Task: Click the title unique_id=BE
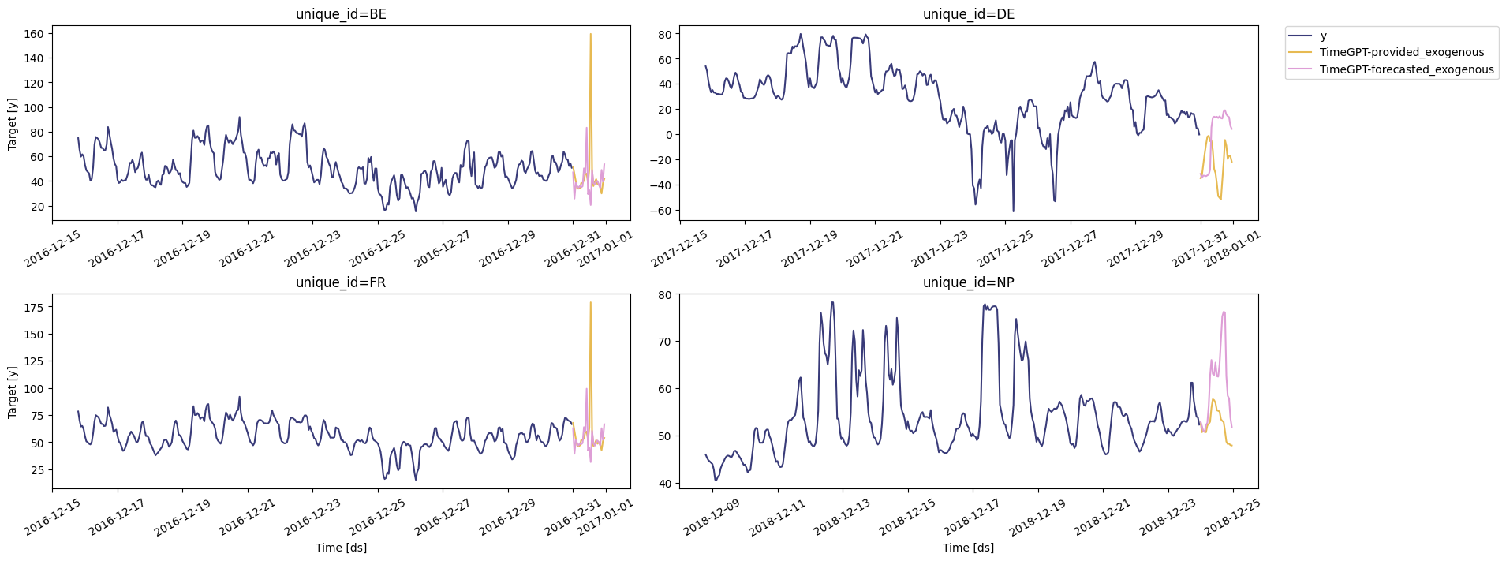[x=341, y=14]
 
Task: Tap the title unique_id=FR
[x=341, y=282]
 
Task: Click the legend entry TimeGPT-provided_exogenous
[x=1401, y=52]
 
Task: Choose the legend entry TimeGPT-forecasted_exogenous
[x=1407, y=69]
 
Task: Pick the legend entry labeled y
[x=1324, y=36]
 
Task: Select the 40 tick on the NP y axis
[x=664, y=484]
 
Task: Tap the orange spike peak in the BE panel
[x=590, y=34]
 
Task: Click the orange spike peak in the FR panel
[x=590, y=302]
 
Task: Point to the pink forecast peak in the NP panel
[x=1224, y=312]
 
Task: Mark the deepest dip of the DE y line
[x=1014, y=211]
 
